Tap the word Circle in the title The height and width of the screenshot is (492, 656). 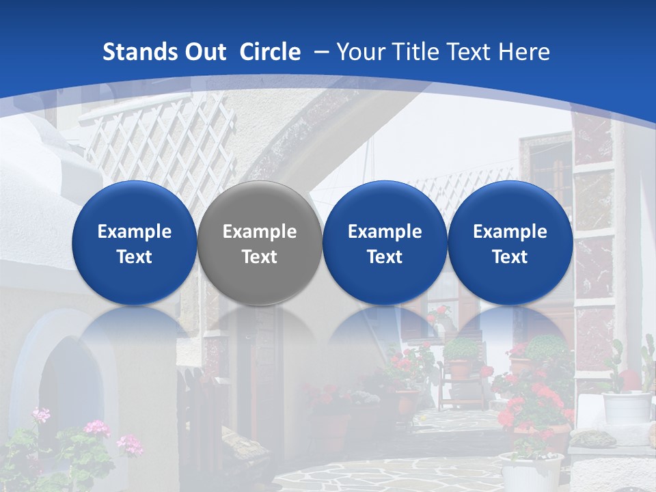pyautogui.click(x=270, y=52)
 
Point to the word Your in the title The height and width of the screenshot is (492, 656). pyautogui.click(x=359, y=52)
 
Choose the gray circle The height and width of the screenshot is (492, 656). pyautogui.click(x=260, y=243)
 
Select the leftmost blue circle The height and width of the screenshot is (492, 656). pyautogui.click(x=135, y=243)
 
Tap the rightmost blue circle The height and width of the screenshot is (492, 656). pyautogui.click(x=510, y=243)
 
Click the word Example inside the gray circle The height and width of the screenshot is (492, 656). pyautogui.click(x=260, y=232)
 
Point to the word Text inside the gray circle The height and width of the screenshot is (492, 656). pyautogui.click(x=260, y=257)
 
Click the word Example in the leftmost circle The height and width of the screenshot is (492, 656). pyautogui.click(x=135, y=232)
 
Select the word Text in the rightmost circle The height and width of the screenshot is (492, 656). pyautogui.click(x=510, y=257)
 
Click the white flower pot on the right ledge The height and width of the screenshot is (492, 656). pyautogui.click(x=627, y=407)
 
